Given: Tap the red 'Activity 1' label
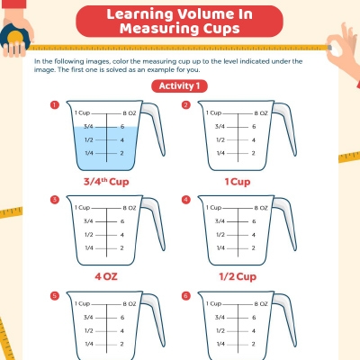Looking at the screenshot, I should point(179,85).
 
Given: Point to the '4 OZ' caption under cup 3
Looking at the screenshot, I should point(103,276).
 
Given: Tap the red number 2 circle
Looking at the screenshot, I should point(185,104).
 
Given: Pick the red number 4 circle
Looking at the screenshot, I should point(185,199).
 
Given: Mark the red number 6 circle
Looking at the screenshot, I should point(185,294).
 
